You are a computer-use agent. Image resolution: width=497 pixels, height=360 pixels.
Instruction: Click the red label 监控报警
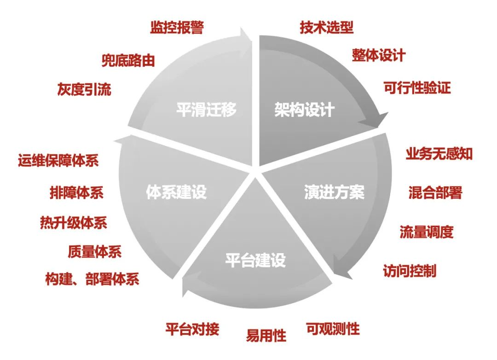click(x=177, y=28)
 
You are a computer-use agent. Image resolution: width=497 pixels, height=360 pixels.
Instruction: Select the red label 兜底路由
click(x=128, y=60)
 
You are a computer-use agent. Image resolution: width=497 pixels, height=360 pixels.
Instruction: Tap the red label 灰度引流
click(x=84, y=89)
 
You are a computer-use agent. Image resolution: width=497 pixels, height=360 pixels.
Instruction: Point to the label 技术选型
click(x=327, y=28)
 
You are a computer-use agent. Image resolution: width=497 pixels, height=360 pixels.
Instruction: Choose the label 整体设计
click(x=379, y=55)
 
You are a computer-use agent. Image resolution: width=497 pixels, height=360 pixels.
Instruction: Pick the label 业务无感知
click(x=439, y=154)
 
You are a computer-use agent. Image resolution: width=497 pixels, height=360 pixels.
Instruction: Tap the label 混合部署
click(x=435, y=192)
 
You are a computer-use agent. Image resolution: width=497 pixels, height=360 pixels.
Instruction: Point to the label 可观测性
click(x=333, y=329)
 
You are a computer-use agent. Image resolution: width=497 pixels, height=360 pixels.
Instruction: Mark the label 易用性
click(x=266, y=335)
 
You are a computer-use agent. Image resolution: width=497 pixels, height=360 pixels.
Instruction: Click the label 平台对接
click(x=192, y=330)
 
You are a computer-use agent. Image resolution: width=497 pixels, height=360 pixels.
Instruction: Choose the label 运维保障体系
click(x=58, y=161)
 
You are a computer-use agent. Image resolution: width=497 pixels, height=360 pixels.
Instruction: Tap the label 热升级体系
click(x=74, y=223)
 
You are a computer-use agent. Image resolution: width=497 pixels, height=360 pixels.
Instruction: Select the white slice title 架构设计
click(x=304, y=110)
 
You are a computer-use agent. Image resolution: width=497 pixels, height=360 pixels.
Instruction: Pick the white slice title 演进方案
click(x=334, y=192)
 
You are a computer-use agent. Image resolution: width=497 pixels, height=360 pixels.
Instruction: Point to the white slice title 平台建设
click(x=255, y=261)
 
